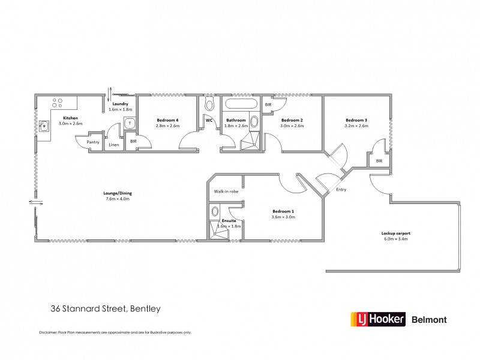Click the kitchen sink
[x=44, y=127]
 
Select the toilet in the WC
[x=209, y=105]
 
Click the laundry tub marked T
[x=129, y=123]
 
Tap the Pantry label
[x=92, y=142]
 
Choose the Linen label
[x=114, y=145]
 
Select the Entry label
[x=341, y=190]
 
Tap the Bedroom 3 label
[x=356, y=120]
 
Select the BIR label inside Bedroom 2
[x=268, y=104]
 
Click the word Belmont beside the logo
[x=430, y=319]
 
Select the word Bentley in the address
[x=142, y=309]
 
